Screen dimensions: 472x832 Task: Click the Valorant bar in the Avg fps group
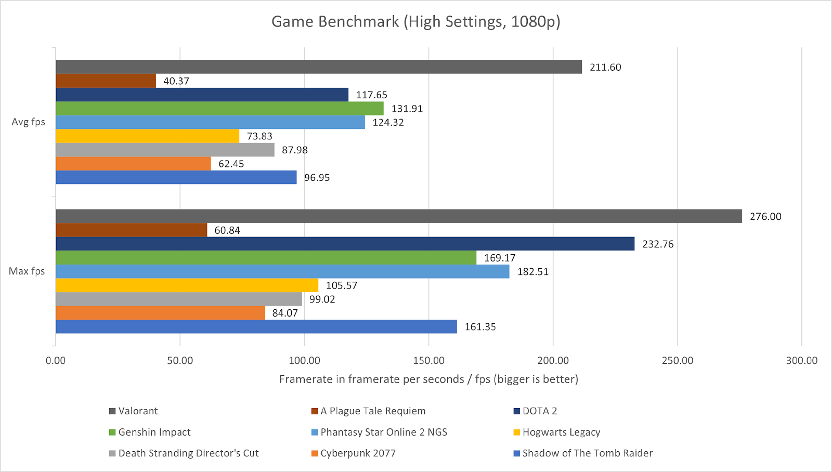pos(319,67)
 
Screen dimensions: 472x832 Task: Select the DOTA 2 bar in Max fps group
pos(345,244)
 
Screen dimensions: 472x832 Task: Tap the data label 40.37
pos(176,81)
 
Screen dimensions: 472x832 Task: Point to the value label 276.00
pos(765,217)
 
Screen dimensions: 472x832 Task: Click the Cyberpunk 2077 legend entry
pos(358,453)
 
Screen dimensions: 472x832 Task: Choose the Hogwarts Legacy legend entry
pos(561,432)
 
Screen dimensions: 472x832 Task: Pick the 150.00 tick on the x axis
pos(428,361)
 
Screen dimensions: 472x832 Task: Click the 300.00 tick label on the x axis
pos(801,361)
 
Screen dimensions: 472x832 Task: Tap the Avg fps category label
pos(28,122)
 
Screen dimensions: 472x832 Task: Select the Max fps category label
pos(27,271)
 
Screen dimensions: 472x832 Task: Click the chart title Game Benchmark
pos(415,22)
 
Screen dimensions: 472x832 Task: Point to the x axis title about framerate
pos(428,379)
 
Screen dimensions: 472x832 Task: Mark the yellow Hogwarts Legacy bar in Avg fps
pos(147,136)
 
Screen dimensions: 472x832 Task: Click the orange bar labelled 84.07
pos(160,313)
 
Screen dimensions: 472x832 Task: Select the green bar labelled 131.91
pos(219,109)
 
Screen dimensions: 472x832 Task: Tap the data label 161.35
pos(480,327)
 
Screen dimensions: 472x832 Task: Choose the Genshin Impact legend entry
pos(154,432)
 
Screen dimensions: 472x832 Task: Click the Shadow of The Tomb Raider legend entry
pos(587,453)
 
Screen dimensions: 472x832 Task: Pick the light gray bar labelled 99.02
pos(179,299)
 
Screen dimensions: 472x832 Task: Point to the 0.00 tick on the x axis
pos(56,361)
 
